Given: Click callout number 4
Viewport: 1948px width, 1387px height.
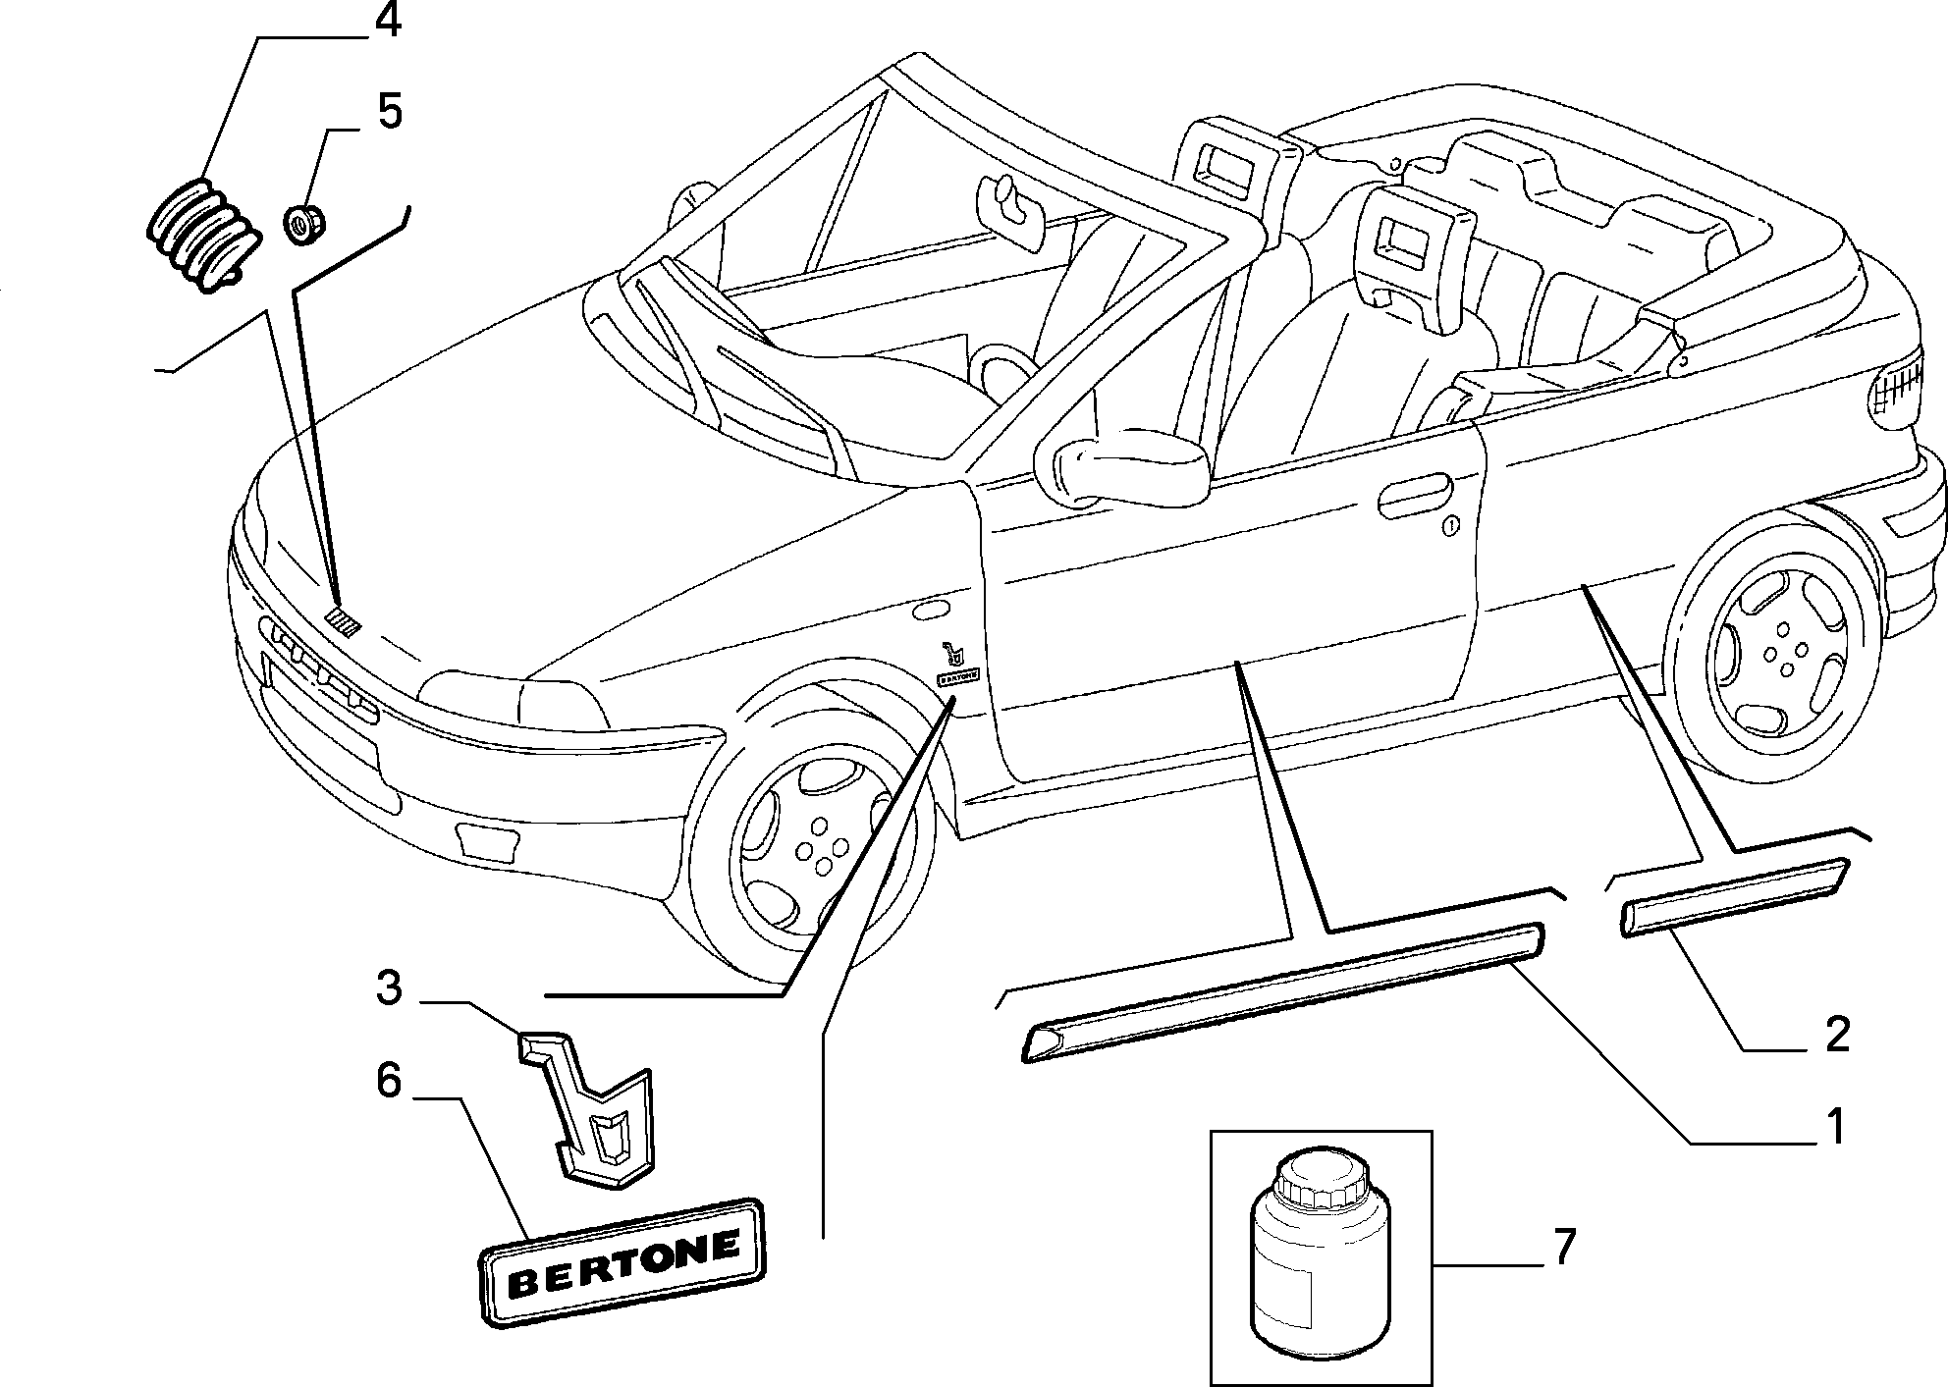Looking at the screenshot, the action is (389, 22).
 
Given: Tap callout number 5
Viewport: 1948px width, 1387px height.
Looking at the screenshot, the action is (390, 113).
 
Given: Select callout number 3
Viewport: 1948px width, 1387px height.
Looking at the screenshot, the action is (389, 987).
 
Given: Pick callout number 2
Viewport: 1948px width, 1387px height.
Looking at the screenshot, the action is (1836, 1035).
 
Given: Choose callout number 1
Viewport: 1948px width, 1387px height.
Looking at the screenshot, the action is (1833, 1128).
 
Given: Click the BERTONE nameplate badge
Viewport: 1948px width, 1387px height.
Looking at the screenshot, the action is (622, 1261).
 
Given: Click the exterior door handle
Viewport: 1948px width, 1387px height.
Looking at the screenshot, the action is (1417, 497).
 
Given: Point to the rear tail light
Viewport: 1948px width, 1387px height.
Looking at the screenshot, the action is (1895, 392).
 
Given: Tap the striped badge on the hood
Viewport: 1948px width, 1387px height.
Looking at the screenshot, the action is (344, 621).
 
